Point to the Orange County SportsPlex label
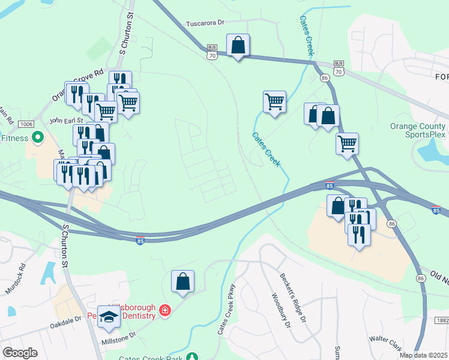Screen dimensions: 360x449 click(x=418, y=130)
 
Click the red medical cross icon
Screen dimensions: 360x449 click(x=164, y=310)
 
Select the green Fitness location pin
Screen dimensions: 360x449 click(x=37, y=138)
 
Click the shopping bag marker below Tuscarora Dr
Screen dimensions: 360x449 click(x=238, y=45)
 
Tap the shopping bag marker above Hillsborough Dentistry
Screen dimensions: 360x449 click(x=182, y=281)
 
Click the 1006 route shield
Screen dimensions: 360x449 click(x=25, y=124)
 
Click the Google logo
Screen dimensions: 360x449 click(x=20, y=353)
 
